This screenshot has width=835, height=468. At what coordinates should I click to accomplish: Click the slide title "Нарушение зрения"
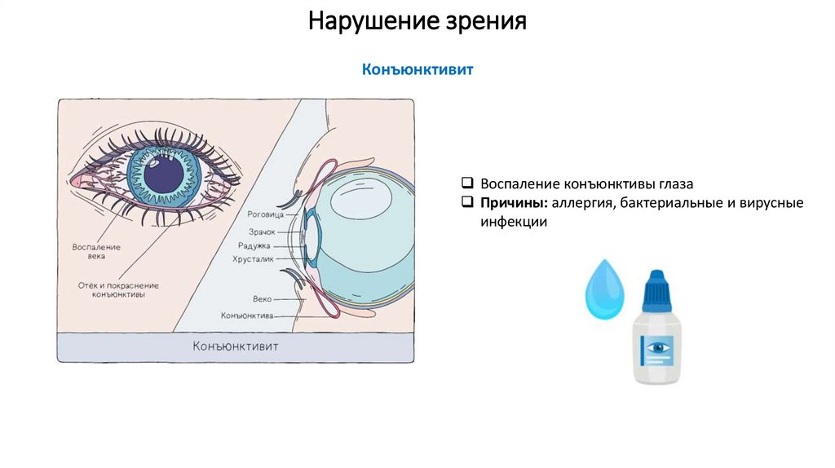[x=417, y=21]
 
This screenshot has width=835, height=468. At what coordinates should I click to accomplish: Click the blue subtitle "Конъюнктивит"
[x=417, y=70]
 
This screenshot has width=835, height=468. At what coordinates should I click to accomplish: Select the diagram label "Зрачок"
[x=262, y=232]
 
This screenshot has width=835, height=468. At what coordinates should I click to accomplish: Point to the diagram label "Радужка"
[x=254, y=245]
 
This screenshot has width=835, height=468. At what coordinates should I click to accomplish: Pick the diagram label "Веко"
[x=263, y=299]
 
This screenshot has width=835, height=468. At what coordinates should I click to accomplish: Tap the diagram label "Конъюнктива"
[x=246, y=315]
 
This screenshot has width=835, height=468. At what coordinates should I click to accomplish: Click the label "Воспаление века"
[x=96, y=251]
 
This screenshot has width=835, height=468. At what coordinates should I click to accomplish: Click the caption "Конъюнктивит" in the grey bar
[x=236, y=347]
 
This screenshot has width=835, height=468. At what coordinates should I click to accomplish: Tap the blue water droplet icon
[x=603, y=289]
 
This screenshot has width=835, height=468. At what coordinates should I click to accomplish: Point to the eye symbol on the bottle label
[x=657, y=347]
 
